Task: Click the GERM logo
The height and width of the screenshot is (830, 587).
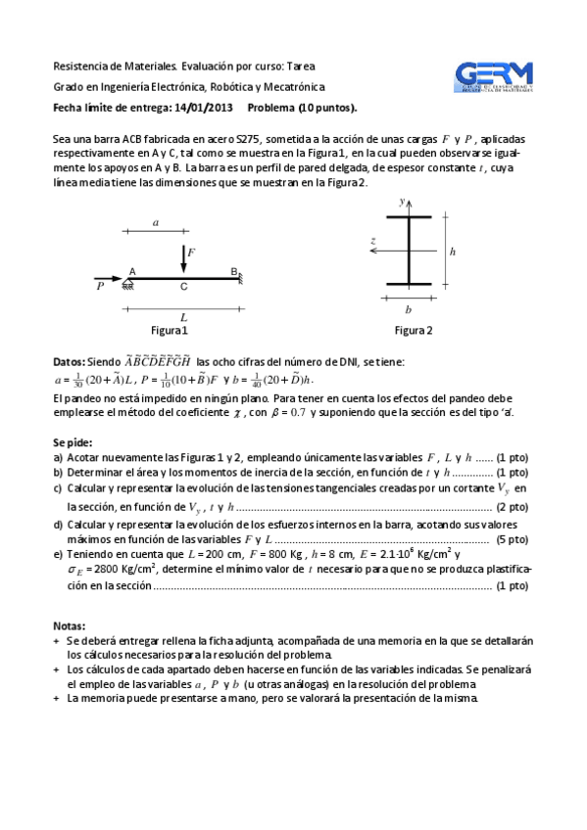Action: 494,78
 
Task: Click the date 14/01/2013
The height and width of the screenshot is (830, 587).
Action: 204,108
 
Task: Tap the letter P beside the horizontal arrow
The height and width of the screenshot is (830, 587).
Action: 100,287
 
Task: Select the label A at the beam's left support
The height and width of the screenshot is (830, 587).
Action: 132,271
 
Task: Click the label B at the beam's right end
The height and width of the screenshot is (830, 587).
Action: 234,271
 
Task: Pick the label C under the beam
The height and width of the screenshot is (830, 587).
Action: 183,288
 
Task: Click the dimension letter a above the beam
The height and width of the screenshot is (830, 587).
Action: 155,223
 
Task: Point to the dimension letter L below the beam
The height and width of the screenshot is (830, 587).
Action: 183,317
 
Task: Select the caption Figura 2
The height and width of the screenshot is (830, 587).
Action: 414,330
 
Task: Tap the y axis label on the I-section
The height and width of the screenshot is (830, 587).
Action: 402,200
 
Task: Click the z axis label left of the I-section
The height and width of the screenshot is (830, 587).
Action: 373,240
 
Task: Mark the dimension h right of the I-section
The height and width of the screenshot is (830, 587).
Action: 452,252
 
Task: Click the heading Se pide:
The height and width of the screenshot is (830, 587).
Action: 73,442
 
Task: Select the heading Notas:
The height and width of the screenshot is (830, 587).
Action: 70,624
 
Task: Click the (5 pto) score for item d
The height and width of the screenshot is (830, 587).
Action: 513,539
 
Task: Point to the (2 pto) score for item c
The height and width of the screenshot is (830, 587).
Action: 513,507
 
